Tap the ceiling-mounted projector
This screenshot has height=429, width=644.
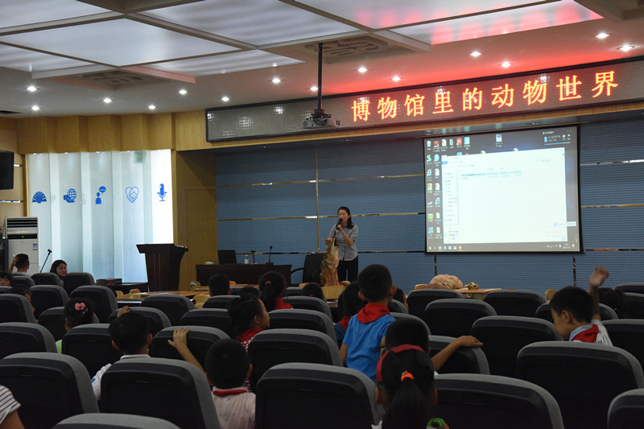pyautogui.click(x=320, y=119)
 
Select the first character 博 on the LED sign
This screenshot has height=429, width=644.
pyautogui.click(x=361, y=109)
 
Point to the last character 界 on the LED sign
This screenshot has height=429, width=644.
pyautogui.click(x=605, y=85)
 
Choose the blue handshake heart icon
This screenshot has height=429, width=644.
pyautogui.click(x=132, y=194)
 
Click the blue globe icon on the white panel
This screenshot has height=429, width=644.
pyautogui.click(x=70, y=196)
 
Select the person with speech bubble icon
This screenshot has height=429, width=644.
pyautogui.click(x=101, y=195)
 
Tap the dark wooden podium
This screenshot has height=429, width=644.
pyautogui.click(x=162, y=266)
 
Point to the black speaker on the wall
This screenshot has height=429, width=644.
pyautogui.click(x=6, y=170)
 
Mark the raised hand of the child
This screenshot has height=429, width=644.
pyautogui.click(x=598, y=277)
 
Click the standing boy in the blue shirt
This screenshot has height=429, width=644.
pyautogui.click(x=369, y=322)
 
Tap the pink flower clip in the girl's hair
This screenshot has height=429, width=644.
pyautogui.click(x=80, y=307)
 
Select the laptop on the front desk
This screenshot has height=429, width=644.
pyautogui.click(x=227, y=257)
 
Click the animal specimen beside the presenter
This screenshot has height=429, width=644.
pyautogui.click(x=331, y=264)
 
